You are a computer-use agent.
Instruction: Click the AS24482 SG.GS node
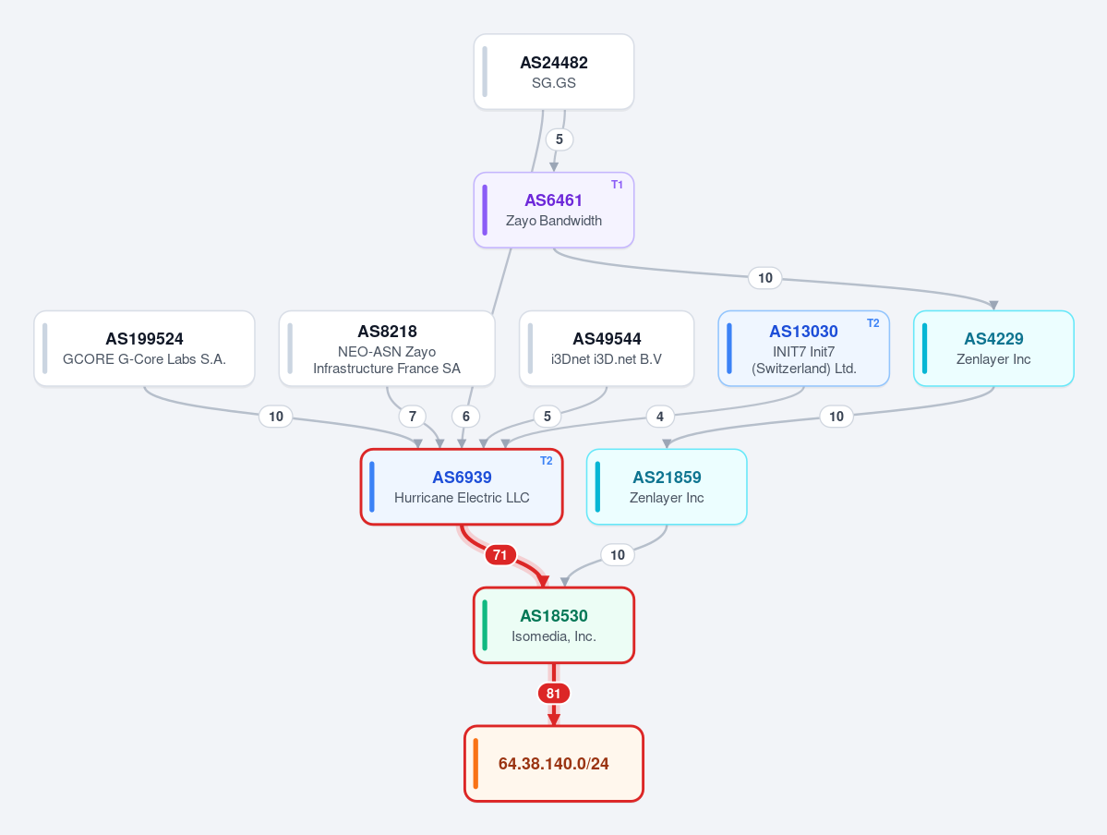[x=554, y=72]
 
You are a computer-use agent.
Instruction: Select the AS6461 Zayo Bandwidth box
[x=554, y=211]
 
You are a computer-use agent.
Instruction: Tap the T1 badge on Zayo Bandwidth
[x=617, y=185]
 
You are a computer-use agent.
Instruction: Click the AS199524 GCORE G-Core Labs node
[x=144, y=348]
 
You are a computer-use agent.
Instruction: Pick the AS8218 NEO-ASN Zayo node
[x=387, y=348]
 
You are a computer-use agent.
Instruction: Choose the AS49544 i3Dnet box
[x=607, y=348]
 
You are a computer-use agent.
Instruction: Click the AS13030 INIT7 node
[x=803, y=348]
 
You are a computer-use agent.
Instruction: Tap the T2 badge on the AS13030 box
[x=873, y=323]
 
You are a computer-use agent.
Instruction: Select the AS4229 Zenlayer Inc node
[x=993, y=348]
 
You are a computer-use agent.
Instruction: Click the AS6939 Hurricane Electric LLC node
[x=462, y=487]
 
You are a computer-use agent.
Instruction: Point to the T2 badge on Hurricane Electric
[x=547, y=461]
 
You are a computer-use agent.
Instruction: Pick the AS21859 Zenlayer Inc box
[x=667, y=487]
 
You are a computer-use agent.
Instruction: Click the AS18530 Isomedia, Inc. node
[x=554, y=625]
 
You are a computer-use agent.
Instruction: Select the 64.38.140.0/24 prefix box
[x=554, y=764]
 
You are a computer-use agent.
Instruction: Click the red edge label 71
[x=499, y=554]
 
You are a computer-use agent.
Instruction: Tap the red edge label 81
[x=554, y=693]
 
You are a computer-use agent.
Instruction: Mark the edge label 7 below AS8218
[x=413, y=416]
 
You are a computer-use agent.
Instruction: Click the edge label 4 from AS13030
[x=660, y=416]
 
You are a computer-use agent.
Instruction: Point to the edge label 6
[x=466, y=416]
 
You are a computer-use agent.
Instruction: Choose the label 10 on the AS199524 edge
[x=276, y=416]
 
